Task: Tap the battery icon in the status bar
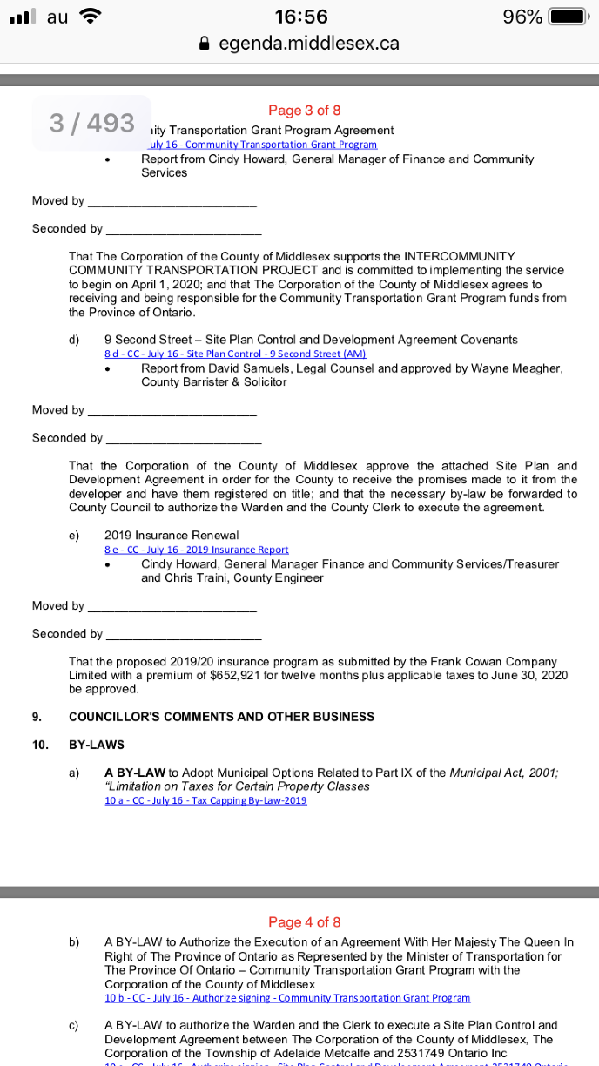coord(569,17)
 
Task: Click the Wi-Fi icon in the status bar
coord(90,16)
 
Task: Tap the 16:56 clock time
coord(300,17)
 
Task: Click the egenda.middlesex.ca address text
coord(308,43)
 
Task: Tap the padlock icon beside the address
coord(205,43)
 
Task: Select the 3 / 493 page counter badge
coord(91,123)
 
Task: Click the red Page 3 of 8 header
coord(304,111)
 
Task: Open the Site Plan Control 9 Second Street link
coord(235,354)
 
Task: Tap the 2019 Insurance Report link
coord(196,550)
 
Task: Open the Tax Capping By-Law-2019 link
coord(205,800)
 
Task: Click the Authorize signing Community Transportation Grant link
coord(287,997)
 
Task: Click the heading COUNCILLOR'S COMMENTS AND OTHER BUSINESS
coord(221,717)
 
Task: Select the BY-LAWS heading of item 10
coord(97,745)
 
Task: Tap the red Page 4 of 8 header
coord(304,921)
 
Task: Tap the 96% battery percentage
coord(522,17)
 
